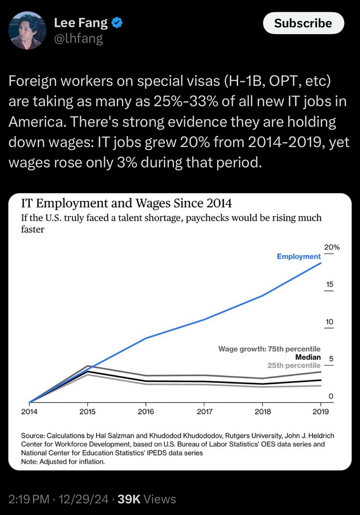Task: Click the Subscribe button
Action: (303, 23)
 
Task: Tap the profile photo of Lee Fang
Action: (28, 30)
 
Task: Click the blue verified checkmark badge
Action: (117, 22)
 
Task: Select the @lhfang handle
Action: (78, 38)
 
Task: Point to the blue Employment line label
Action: (299, 256)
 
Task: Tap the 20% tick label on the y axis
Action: (331, 247)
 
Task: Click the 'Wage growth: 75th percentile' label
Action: (270, 349)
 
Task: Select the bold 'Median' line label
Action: (308, 357)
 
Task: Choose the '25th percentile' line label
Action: (294, 365)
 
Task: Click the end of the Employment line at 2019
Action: (321, 263)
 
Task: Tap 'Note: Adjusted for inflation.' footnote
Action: (63, 461)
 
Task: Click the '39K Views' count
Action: (146, 500)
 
